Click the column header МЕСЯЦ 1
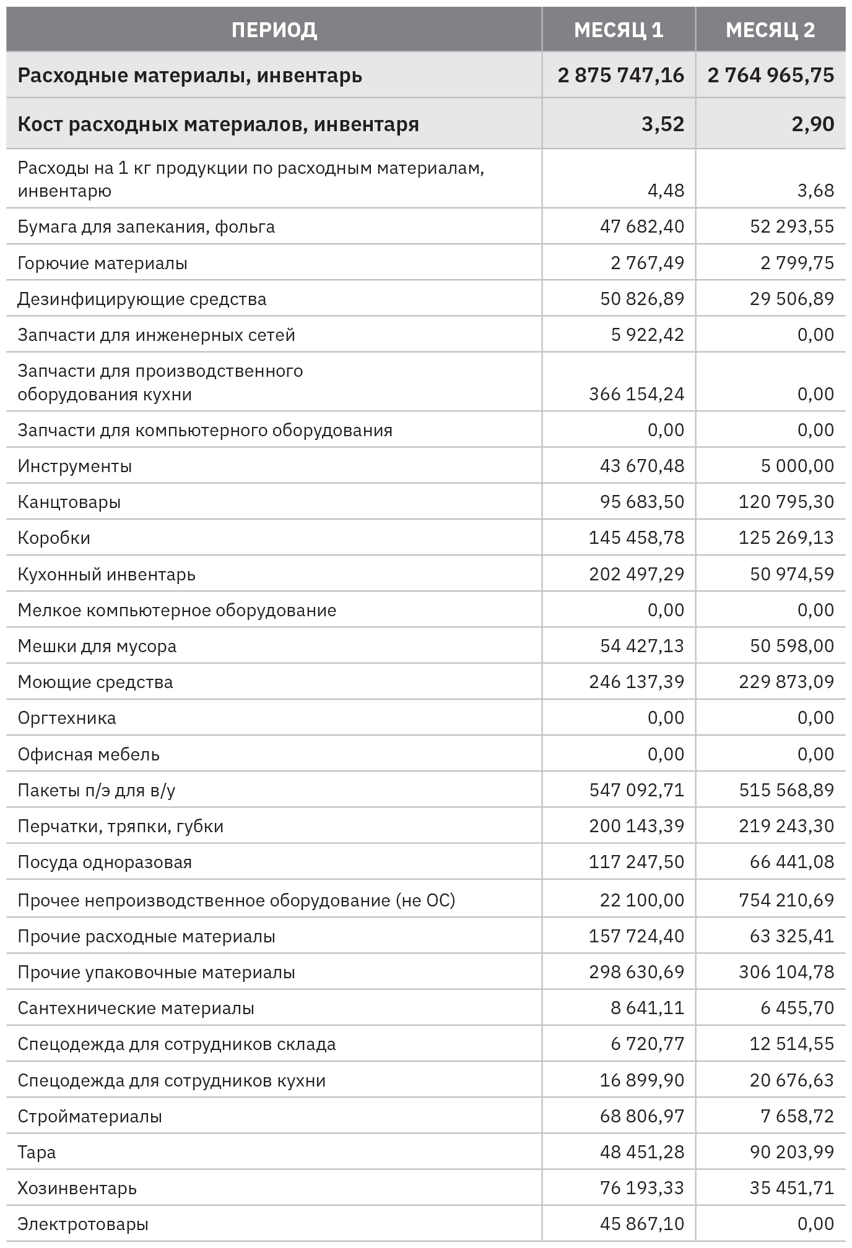pyautogui.click(x=618, y=30)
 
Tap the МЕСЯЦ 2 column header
pyautogui.click(x=770, y=30)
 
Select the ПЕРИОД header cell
pyautogui.click(x=274, y=30)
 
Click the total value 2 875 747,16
pyautogui.click(x=620, y=75)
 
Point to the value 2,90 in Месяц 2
pyautogui.click(x=812, y=124)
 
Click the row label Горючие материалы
pyautogui.click(x=102, y=263)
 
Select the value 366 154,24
pyautogui.click(x=637, y=394)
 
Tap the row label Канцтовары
pyautogui.click(x=69, y=502)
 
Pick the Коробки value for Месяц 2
pyautogui.click(x=786, y=538)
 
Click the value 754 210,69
pyautogui.click(x=786, y=900)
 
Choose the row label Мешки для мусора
pyautogui.click(x=97, y=646)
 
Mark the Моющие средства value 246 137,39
pyautogui.click(x=637, y=682)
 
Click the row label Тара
pyautogui.click(x=37, y=1152)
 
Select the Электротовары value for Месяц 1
pyautogui.click(x=641, y=1224)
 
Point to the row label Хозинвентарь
pyautogui.click(x=77, y=1188)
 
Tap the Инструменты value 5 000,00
pyautogui.click(x=797, y=466)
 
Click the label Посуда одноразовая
pyautogui.click(x=105, y=862)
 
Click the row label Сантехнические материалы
pyautogui.click(x=136, y=1008)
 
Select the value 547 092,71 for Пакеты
pyautogui.click(x=637, y=790)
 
